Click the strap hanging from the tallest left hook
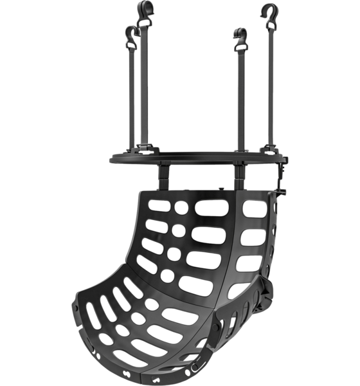point(144,84)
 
